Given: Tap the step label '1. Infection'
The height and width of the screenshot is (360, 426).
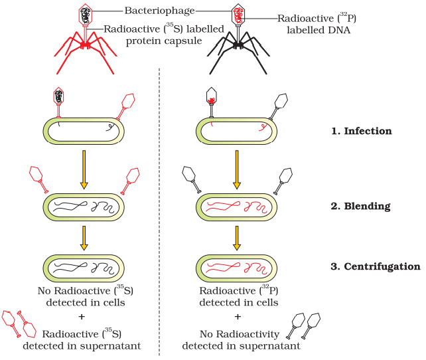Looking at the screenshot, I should pos(362,131).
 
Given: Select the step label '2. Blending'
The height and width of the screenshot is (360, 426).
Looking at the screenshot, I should pos(361,206).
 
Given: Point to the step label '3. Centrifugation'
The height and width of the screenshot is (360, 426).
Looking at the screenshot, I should pos(375,266).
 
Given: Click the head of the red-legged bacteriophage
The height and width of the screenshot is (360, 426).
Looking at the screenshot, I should pos(86,15).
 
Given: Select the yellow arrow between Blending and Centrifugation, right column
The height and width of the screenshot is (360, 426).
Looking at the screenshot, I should pos(238,237).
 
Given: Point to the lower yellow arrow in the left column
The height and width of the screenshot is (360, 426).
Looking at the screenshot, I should pos(84,237).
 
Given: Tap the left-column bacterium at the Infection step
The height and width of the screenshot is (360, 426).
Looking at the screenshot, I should pos(84,131).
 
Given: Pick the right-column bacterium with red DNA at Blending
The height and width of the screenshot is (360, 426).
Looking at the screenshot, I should pos(238,207).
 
